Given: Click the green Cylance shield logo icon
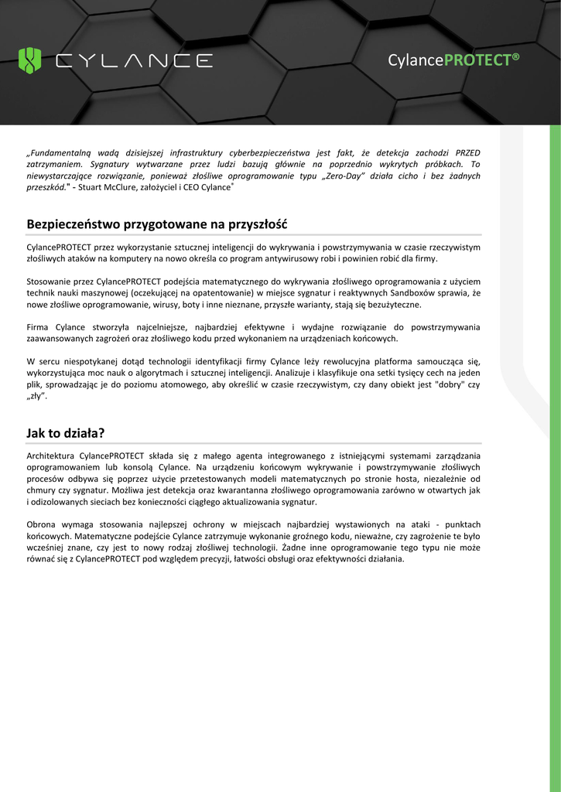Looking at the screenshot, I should coord(29,60).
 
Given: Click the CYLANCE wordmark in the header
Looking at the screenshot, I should coord(133,60).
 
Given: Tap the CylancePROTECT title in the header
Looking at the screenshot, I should coord(453,60).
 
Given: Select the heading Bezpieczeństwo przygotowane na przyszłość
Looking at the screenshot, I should coord(156,224).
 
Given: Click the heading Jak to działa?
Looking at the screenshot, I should coord(65,433).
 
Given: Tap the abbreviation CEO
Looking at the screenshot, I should coord(191,187).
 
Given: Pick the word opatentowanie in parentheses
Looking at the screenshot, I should coord(210,293).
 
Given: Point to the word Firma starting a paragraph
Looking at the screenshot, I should coord(39,328).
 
